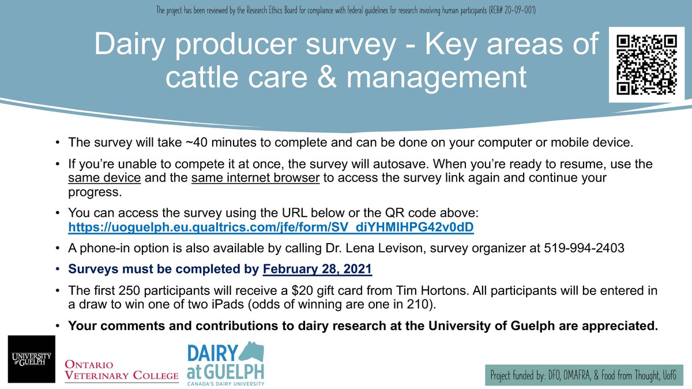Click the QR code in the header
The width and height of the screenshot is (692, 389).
tap(646, 65)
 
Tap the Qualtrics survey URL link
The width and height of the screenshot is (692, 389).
tap(271, 227)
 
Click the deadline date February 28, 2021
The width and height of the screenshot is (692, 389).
tap(318, 269)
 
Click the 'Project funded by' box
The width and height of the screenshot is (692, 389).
tap(584, 376)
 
